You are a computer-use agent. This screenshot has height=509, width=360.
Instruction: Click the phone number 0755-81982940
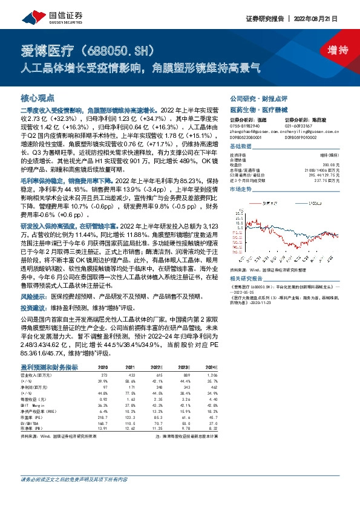pos(246,125)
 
